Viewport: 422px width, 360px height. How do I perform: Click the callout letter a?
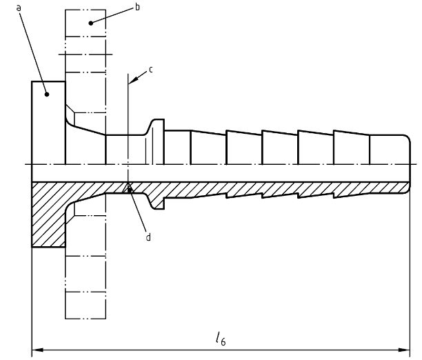pos(19,8)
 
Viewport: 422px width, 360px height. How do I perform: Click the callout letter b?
pos(137,7)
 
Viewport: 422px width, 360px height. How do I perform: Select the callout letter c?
pos(151,70)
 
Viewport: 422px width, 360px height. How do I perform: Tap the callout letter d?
pos(148,237)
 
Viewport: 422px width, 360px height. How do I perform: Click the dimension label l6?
pos(221,339)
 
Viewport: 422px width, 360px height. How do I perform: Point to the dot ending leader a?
pos(47,94)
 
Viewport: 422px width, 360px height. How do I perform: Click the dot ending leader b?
pos(91,23)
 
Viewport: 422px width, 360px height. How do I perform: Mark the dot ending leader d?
pos(130,190)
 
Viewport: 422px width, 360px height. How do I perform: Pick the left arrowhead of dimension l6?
pos(37,350)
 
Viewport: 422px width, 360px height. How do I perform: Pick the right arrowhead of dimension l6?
pos(404,350)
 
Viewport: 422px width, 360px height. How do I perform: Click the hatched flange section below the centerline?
pos(48,215)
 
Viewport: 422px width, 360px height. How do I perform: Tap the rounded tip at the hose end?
pos(408,140)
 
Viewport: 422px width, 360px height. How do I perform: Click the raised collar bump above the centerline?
pos(156,128)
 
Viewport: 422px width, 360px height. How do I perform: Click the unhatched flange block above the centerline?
pos(48,123)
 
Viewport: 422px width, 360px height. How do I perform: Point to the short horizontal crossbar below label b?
pos(86,54)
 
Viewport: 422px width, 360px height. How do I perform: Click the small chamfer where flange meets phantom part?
pos(70,110)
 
